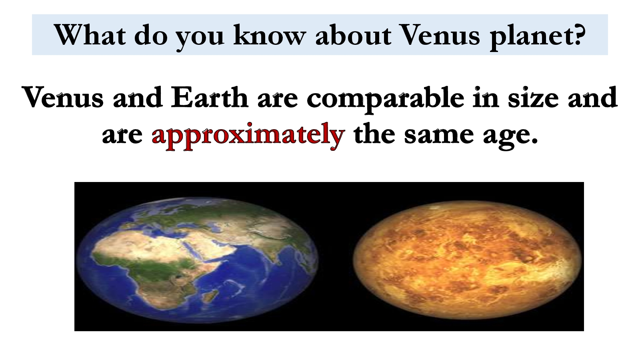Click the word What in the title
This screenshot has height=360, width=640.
tap(90, 35)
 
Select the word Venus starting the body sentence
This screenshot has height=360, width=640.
tap(62, 97)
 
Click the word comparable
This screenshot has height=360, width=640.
tap(386, 100)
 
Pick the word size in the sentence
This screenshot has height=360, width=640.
tap(533, 97)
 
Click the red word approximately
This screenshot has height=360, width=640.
tap(248, 136)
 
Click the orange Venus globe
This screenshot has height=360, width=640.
tap(467, 260)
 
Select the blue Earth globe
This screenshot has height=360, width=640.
tap(198, 260)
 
